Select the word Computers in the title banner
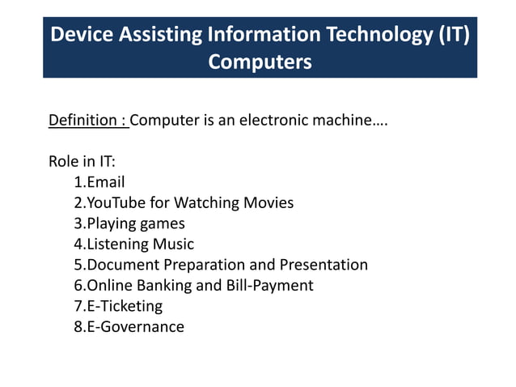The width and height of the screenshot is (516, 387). [x=260, y=62]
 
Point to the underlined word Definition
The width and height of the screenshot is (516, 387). [x=83, y=121]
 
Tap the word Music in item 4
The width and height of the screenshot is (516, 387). [x=173, y=244]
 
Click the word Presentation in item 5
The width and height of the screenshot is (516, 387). [x=324, y=265]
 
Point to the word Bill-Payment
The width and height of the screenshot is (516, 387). [x=271, y=285]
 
